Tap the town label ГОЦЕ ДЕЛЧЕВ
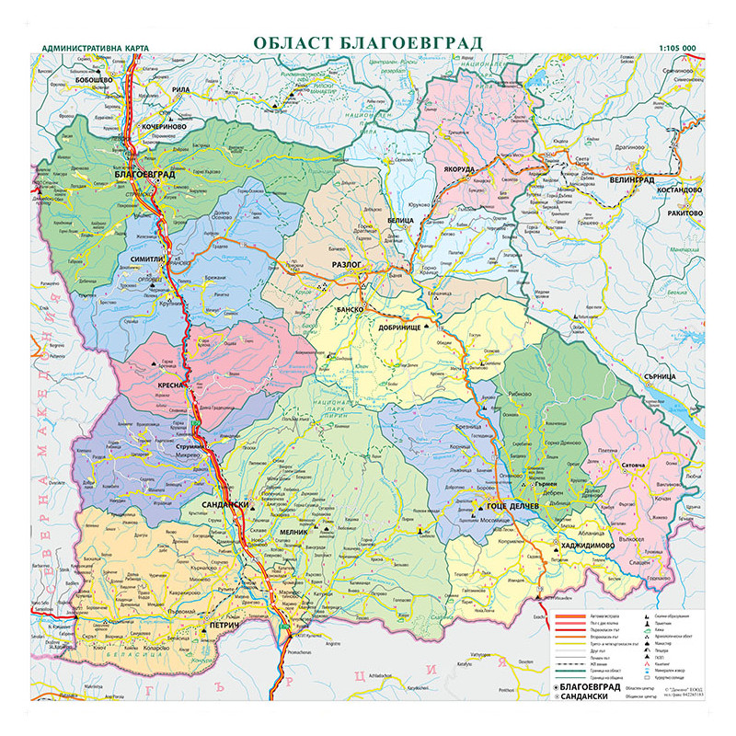511,508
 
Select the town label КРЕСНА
170,385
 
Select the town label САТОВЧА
638,466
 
